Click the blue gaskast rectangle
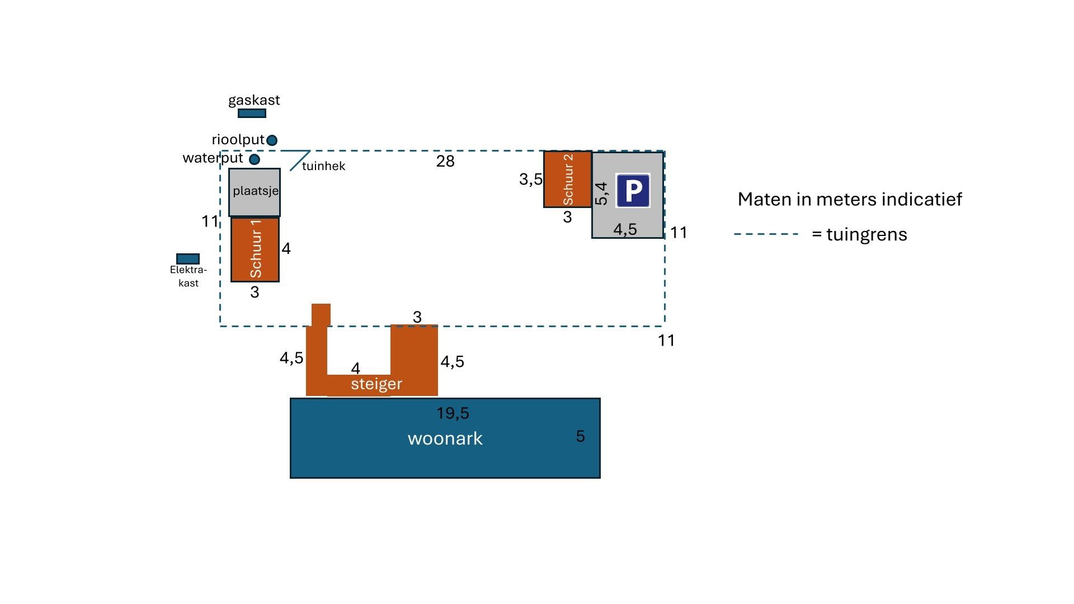[x=252, y=114]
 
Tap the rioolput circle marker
[x=272, y=140]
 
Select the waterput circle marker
[x=255, y=159]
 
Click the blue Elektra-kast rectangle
[x=188, y=259]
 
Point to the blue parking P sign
[x=633, y=191]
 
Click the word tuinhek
[x=323, y=166]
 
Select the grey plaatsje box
[x=255, y=192]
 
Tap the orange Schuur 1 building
[x=255, y=249]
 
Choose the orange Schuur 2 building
[x=568, y=180]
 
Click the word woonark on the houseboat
[x=445, y=438]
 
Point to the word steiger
[x=376, y=384]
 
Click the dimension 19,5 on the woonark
[x=453, y=413]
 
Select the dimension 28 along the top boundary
[x=445, y=161]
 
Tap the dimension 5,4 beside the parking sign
[x=601, y=194]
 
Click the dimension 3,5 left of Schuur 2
[x=530, y=180]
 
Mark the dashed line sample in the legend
[x=766, y=234]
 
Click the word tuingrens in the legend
[x=866, y=234]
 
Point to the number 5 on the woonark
[x=580, y=436]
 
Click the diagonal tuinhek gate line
[x=299, y=161]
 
